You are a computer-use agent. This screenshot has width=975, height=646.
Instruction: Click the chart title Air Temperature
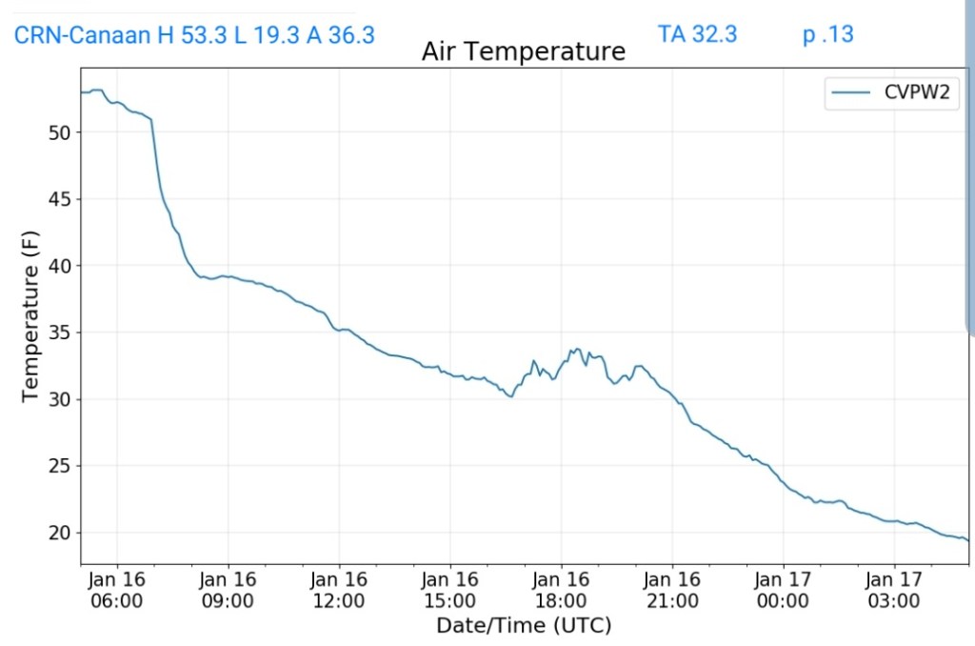(523, 51)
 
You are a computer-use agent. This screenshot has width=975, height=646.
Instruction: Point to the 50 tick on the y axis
(59, 132)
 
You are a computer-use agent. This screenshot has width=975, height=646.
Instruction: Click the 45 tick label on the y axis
(59, 199)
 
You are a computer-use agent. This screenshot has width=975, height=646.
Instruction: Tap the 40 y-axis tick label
(59, 266)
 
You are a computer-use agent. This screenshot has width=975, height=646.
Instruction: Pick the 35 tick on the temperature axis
(59, 333)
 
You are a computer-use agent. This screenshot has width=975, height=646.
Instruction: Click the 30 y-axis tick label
(59, 399)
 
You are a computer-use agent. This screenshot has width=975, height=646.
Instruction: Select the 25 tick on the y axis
(59, 466)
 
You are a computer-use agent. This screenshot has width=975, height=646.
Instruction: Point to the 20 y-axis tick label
(59, 533)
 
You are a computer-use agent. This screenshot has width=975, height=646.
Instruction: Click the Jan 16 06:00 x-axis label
(117, 590)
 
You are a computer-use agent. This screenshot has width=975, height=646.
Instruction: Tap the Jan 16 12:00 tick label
(339, 590)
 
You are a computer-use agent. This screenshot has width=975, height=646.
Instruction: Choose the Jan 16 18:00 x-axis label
(561, 590)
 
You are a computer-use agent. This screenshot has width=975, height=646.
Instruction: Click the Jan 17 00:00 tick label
(783, 590)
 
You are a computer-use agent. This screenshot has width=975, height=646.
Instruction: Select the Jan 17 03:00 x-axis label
(894, 590)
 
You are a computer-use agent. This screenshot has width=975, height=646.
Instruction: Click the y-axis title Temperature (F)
(30, 315)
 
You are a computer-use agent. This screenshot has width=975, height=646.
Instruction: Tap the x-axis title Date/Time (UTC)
(523, 626)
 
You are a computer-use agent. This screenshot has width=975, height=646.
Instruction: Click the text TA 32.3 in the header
(697, 34)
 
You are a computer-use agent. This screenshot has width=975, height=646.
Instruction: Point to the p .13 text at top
(827, 34)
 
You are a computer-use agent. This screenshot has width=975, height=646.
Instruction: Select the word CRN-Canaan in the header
(82, 35)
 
